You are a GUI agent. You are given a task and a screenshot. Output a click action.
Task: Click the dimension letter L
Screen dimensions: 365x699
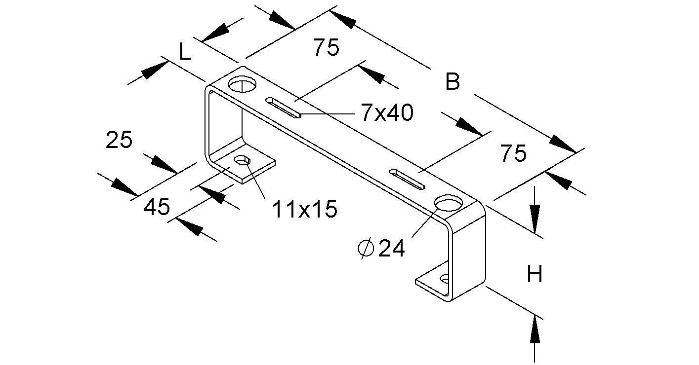pyautogui.click(x=184, y=52)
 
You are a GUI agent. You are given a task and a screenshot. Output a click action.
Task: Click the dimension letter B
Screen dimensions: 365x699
pyautogui.click(x=452, y=82)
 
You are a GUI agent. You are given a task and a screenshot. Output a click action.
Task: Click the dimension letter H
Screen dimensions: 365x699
pyautogui.click(x=535, y=274)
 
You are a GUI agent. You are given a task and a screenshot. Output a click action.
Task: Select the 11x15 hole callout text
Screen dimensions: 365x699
pyautogui.click(x=304, y=210)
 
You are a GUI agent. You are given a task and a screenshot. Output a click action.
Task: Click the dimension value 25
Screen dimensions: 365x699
pyautogui.click(x=119, y=141)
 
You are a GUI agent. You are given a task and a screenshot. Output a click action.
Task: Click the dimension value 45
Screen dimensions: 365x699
pyautogui.click(x=157, y=207)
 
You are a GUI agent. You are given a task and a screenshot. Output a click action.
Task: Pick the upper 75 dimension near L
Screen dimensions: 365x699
pyautogui.click(x=326, y=48)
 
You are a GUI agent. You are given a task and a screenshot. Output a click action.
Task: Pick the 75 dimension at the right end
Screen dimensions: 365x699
pyautogui.click(x=513, y=154)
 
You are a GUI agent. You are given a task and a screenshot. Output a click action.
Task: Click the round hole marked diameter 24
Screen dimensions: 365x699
pyautogui.click(x=449, y=204)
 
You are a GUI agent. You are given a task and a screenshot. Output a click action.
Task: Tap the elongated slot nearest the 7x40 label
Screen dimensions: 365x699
pyautogui.click(x=284, y=107)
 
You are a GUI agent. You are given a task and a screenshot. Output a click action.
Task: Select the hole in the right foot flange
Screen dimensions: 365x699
pyautogui.click(x=445, y=280)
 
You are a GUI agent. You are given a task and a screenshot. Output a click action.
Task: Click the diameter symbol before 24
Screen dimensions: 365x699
pyautogui.click(x=366, y=249)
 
